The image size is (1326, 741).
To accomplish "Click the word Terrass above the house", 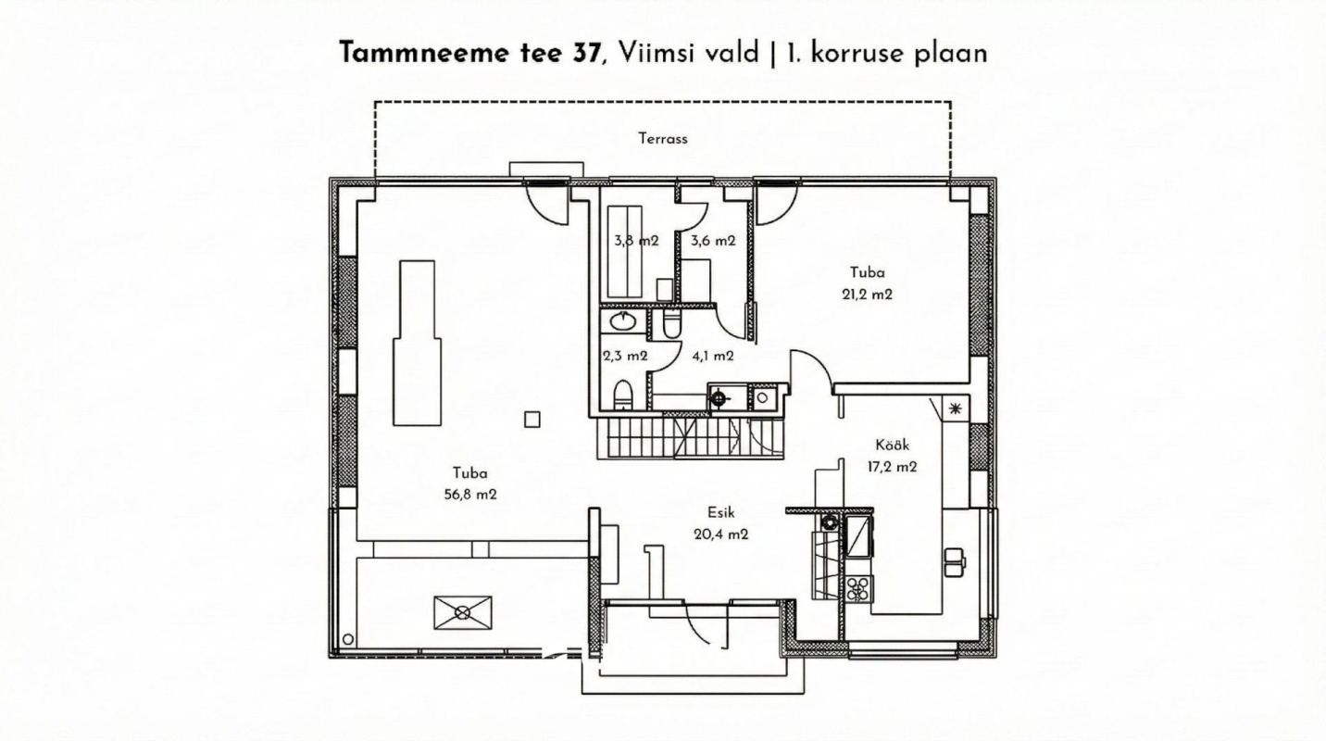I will [662, 139].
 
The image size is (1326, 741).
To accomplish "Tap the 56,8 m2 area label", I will [470, 495].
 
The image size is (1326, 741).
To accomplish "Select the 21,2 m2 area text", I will [867, 295].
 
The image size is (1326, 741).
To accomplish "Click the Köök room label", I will [892, 445].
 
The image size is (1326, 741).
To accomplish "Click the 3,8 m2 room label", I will [636, 241].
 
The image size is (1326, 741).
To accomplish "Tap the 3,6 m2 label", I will [713, 241].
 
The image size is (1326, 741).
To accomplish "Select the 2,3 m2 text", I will [625, 355].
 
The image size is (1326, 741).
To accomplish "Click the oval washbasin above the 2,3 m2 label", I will [622, 322].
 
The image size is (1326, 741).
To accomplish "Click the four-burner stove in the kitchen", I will [858, 588].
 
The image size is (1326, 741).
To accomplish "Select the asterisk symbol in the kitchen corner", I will [955, 408].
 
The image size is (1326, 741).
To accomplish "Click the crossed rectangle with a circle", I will [462, 611].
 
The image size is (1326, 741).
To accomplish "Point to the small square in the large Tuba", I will [532, 419].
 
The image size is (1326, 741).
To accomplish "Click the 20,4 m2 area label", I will [720, 534].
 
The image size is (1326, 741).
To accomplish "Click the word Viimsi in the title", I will [651, 53].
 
